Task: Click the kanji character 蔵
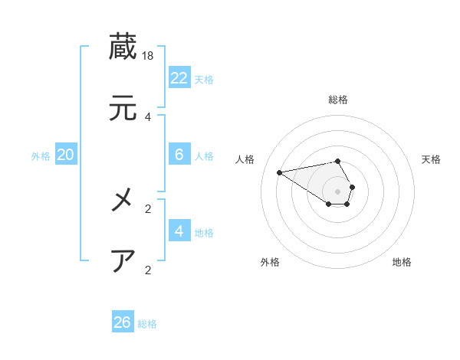123,47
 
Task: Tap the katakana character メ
123,201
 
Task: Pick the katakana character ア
123,261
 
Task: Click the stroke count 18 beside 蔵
149,56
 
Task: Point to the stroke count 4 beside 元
148,117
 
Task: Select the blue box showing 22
179,77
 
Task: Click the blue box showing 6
179,155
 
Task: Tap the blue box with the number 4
179,231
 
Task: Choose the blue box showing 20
66,155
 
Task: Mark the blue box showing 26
123,322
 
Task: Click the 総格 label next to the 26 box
147,324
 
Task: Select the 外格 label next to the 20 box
41,156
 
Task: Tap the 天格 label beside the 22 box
204,79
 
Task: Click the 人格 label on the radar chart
245,159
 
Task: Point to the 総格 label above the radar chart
338,100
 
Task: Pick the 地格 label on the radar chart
402,262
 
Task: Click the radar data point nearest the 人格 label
280,172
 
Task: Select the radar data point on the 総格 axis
338,161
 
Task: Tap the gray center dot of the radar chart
338,191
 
